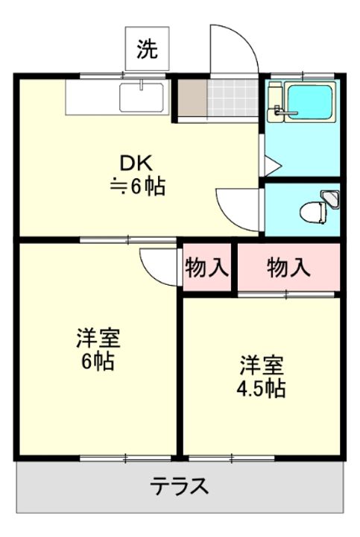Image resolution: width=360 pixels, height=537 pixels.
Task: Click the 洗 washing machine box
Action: [147, 48]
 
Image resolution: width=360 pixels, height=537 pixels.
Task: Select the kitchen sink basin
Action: [142, 97]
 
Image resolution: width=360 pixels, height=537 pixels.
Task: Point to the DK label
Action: [136, 163]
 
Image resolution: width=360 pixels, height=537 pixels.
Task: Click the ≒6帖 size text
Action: [138, 186]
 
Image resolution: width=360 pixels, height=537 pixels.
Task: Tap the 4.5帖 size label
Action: [261, 389]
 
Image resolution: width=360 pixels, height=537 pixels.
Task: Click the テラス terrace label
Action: [180, 486]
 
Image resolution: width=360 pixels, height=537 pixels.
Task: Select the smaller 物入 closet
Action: [206, 267]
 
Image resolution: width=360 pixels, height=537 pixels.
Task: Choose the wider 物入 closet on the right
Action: [289, 267]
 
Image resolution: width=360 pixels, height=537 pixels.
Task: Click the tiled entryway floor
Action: [233, 98]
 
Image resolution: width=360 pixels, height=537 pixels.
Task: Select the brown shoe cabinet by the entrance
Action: [192, 98]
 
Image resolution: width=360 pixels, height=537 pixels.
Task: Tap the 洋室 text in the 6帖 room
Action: [98, 338]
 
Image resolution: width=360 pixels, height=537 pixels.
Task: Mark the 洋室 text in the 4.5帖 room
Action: [262, 365]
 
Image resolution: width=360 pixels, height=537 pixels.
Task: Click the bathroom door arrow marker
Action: [273, 166]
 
